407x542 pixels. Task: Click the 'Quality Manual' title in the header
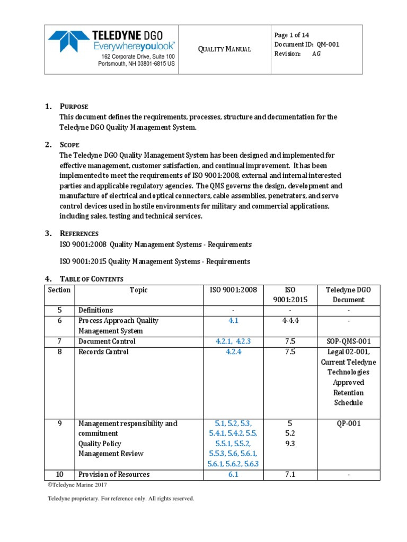point(224,49)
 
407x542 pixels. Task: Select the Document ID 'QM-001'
point(328,44)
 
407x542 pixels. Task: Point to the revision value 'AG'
point(316,54)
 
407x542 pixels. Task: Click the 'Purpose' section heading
point(74,106)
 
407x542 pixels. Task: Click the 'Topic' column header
point(138,290)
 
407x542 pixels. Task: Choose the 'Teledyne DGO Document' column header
point(348,294)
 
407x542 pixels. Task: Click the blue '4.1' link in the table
point(234,320)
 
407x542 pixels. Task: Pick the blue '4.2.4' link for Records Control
point(234,351)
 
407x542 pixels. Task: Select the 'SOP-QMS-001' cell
point(348,341)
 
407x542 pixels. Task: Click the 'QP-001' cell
point(348,423)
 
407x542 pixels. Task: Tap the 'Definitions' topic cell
point(95,310)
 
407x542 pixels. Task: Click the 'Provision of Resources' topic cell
point(114,474)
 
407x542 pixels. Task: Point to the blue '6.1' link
point(234,474)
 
